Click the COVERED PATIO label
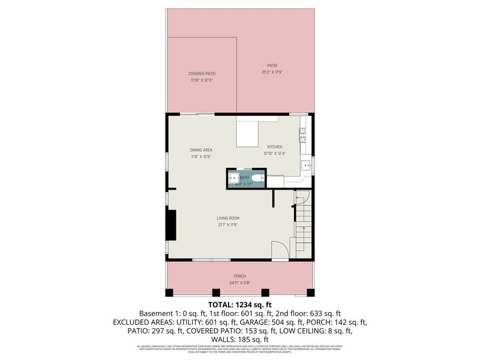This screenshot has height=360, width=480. tap(202, 73)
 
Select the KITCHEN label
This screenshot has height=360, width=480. tap(275, 147)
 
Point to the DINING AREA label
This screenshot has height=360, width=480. tap(201, 150)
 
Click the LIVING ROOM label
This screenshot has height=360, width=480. tap(228, 218)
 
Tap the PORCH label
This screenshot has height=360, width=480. tap(240, 276)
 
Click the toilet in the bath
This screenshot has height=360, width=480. tap(256, 178)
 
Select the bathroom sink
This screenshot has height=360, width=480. tap(233, 178)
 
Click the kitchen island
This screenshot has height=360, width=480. tap(247, 133)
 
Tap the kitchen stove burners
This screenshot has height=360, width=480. tap(304, 135)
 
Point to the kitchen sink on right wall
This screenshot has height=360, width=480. tap(306, 165)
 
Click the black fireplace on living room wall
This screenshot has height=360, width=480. tap(171, 224)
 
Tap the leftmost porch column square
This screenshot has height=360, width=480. tap(169, 293)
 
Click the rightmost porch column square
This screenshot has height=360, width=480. tap(311, 293)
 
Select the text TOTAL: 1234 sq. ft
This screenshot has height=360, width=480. tap(240, 304)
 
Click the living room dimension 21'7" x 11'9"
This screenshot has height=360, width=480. tap(228, 224)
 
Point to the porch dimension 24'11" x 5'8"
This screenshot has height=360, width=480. tap(240, 283)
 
